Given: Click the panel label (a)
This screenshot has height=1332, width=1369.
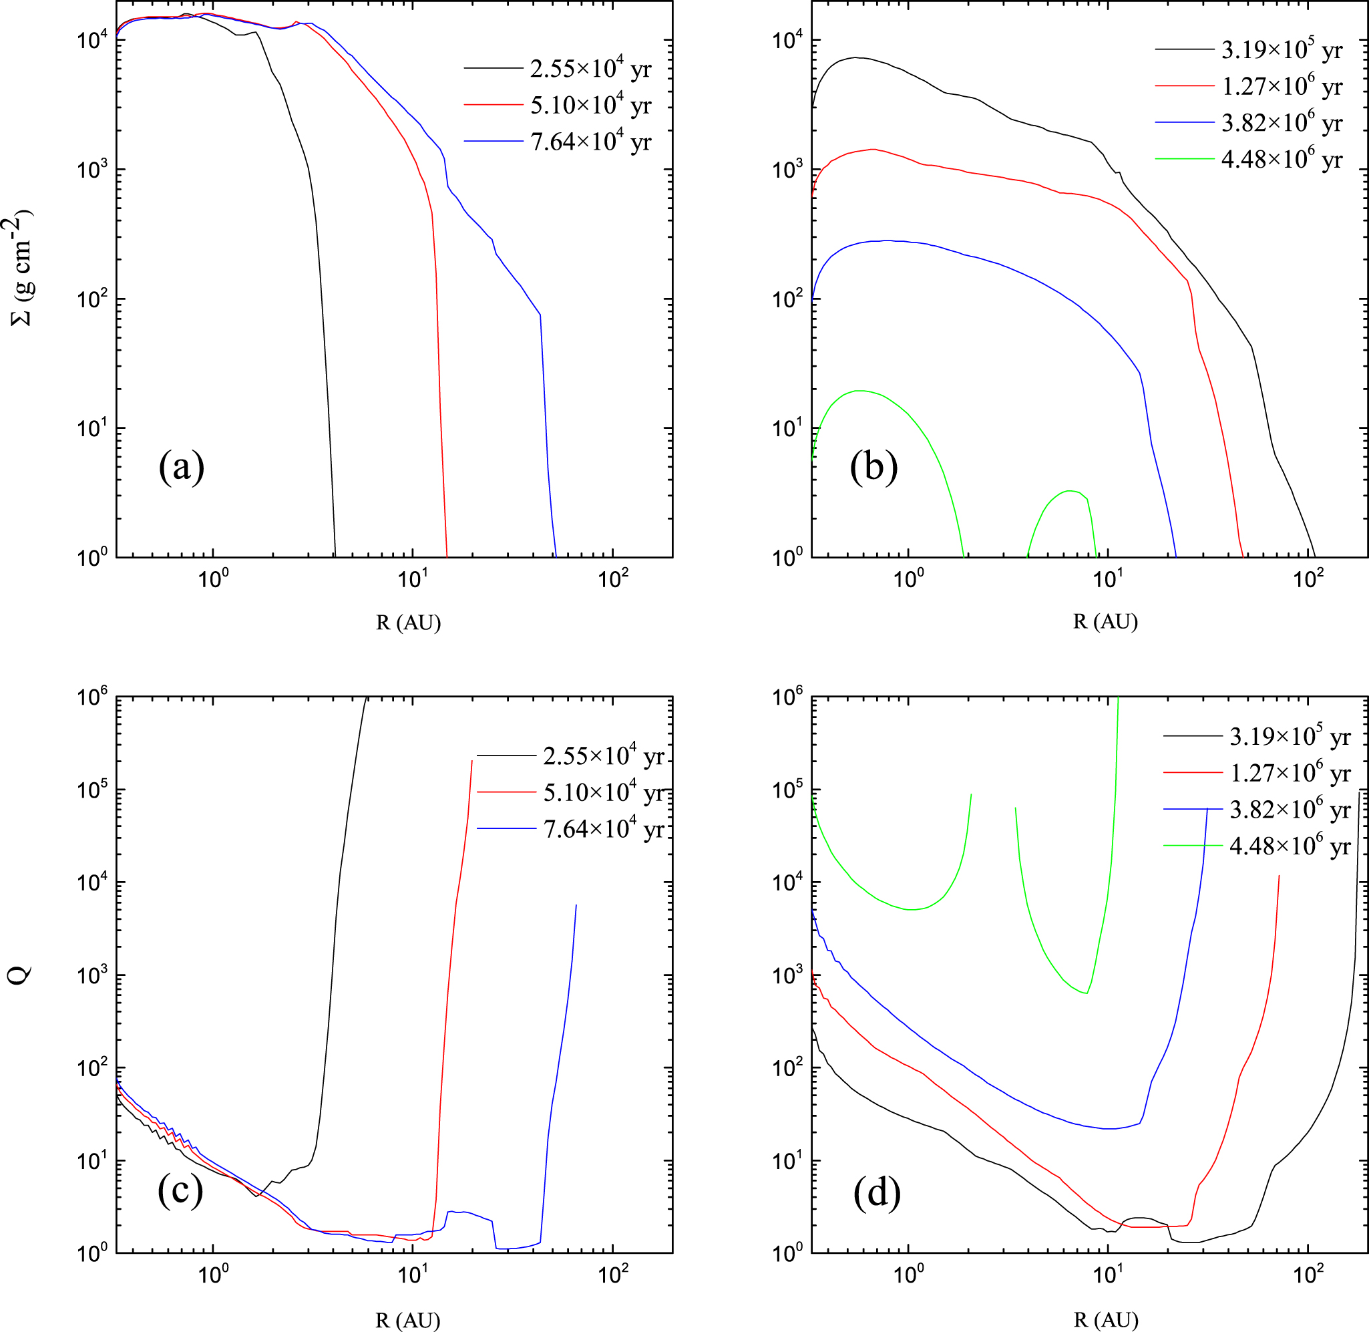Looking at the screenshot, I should point(181,467).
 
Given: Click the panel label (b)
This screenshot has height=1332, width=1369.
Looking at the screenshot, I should point(873,467).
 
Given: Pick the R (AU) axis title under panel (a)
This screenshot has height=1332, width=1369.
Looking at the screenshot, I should point(409,622).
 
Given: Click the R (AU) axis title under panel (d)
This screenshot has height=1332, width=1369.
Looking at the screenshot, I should point(1105,1319).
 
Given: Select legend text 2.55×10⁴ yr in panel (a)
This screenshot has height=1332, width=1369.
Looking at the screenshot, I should point(590,69).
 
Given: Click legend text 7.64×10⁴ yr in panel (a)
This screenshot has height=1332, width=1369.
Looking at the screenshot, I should point(590,142).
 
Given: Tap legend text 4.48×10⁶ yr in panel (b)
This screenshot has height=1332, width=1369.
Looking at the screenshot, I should point(1282,160).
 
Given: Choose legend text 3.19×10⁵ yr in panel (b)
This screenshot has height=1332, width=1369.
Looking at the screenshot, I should point(1282,50).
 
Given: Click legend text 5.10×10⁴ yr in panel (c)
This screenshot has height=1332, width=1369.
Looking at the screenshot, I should point(603,793).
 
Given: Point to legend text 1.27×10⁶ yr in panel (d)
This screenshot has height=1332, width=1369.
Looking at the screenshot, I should point(1290,773).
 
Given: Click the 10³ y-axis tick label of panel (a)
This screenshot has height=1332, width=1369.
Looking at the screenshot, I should point(91,169).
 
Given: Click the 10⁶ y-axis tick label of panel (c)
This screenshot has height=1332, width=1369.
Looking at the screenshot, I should point(91,697).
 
